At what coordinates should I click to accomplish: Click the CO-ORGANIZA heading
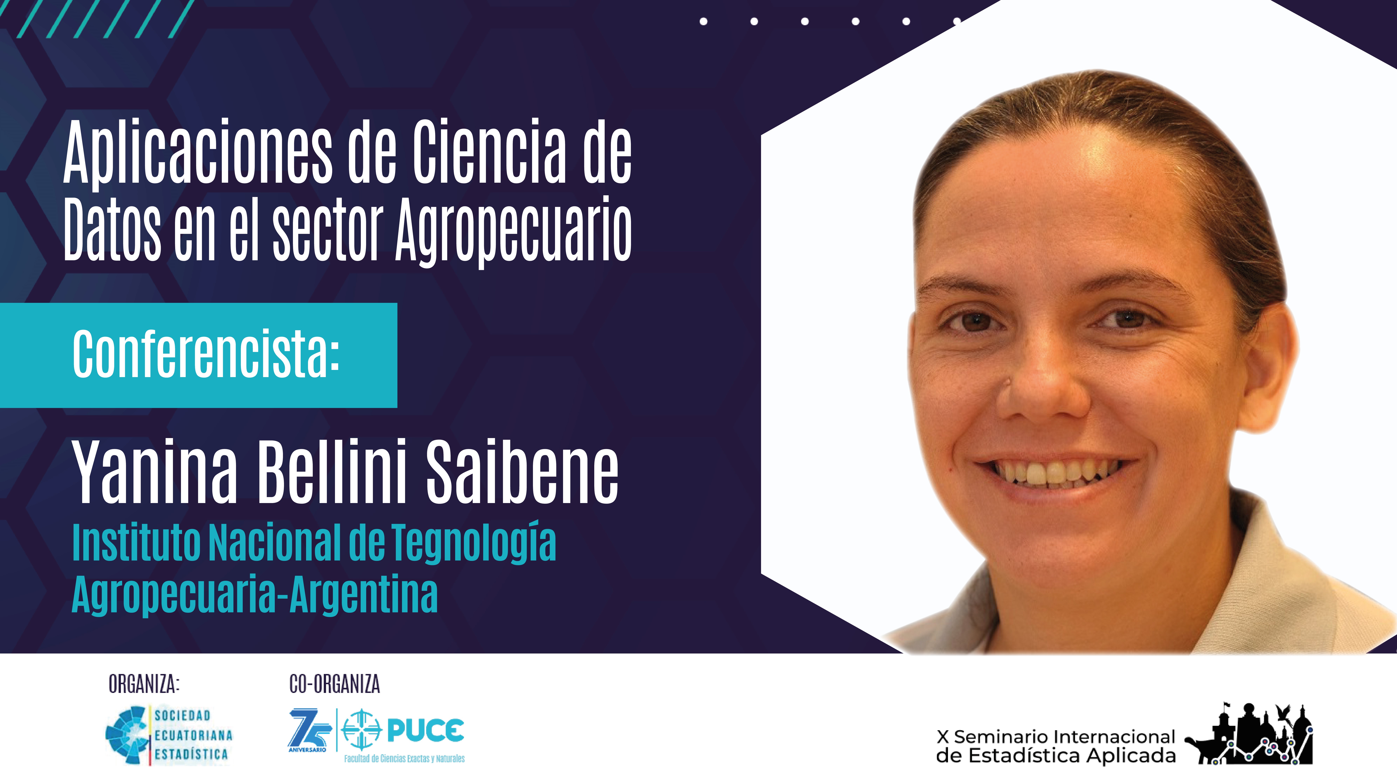pyautogui.click(x=335, y=684)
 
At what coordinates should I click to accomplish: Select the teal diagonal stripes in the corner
pyautogui.click(x=106, y=19)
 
